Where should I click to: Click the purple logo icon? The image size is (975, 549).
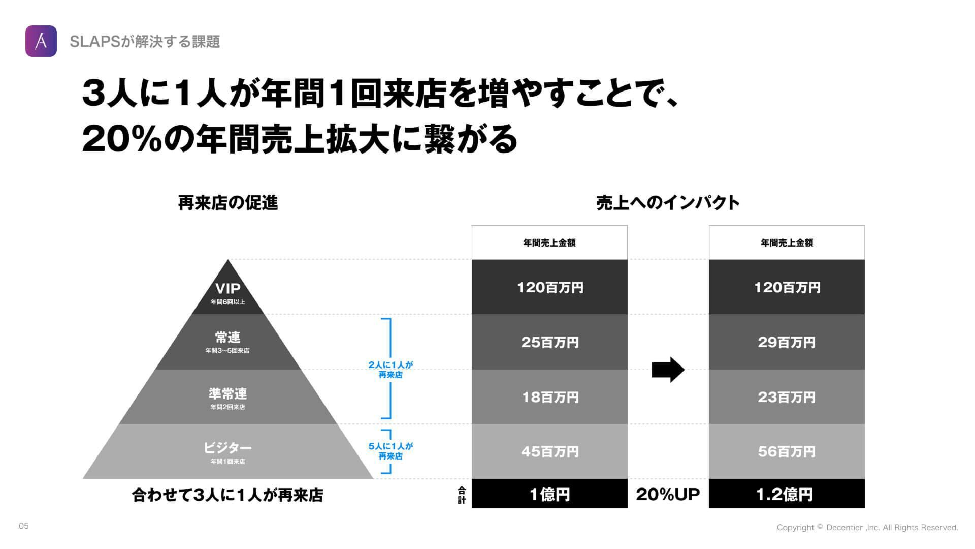(x=41, y=41)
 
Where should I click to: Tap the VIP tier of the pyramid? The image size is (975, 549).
(x=228, y=292)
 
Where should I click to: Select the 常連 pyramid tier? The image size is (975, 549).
(x=227, y=342)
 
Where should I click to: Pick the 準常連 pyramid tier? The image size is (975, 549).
(x=227, y=398)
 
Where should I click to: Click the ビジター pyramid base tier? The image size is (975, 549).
(x=227, y=452)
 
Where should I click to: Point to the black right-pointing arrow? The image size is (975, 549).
(x=668, y=370)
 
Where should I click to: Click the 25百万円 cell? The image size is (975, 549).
(x=549, y=342)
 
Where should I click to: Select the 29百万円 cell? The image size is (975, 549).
(x=787, y=342)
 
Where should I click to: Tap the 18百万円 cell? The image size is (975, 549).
(x=549, y=397)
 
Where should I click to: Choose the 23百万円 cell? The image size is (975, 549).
(x=787, y=397)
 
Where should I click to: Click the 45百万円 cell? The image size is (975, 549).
(x=549, y=451)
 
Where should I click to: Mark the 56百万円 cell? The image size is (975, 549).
(x=787, y=451)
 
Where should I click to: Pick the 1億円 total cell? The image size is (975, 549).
(x=549, y=494)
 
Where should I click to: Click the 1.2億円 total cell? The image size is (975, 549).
(x=787, y=494)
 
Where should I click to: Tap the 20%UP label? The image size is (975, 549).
(x=668, y=494)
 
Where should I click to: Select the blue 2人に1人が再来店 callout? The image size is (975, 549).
(x=391, y=370)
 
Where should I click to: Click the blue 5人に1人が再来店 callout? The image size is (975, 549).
(x=391, y=451)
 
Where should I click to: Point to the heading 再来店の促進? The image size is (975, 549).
(x=228, y=203)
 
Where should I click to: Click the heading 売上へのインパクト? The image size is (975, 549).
(x=668, y=203)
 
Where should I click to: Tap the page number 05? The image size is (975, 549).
(x=24, y=526)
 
